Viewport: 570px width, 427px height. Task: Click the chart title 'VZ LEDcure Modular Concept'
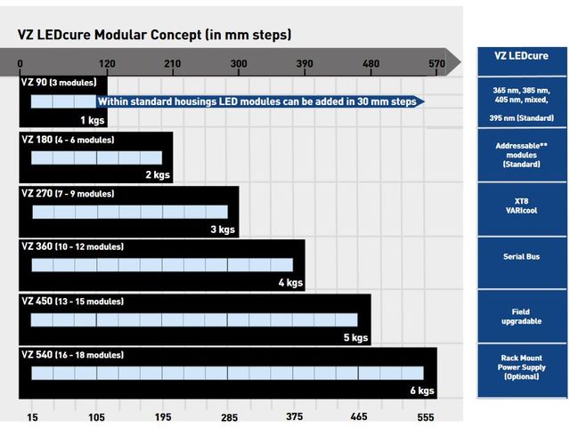pos(154,35)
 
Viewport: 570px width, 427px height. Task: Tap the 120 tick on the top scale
pos(107,63)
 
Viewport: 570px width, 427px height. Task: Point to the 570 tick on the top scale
pos(436,63)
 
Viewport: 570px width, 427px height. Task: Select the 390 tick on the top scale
pos(305,63)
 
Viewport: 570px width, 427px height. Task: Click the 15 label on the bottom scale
pos(32,416)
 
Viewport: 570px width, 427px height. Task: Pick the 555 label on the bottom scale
pos(425,416)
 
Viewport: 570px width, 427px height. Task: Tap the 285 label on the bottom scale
pos(228,416)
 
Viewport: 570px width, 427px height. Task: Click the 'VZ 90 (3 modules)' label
pos(58,83)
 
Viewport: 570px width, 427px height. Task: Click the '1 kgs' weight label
pos(92,120)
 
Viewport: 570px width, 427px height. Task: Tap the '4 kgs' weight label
pos(289,284)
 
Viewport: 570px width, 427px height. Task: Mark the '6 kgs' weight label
pos(421,391)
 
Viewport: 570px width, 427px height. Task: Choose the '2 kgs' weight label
pos(158,175)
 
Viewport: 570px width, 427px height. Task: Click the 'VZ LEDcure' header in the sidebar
pos(522,55)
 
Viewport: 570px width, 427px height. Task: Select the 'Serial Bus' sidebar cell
pos(522,256)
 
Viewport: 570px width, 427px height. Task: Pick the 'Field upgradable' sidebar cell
pos(522,317)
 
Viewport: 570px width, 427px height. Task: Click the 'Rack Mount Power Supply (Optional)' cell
pos(522,367)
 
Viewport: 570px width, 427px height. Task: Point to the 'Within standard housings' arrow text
pos(256,101)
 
